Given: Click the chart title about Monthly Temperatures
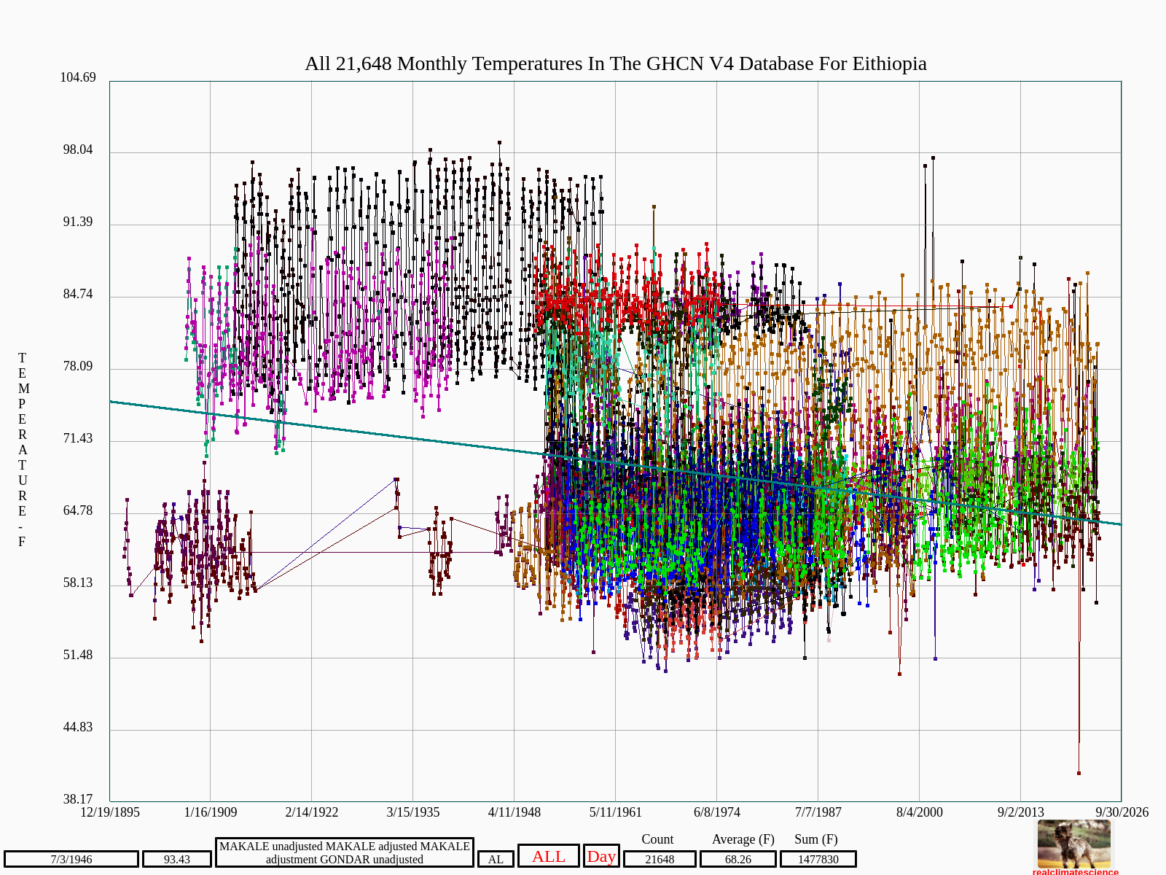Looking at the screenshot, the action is click(x=615, y=63).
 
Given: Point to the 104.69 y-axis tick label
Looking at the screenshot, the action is click(x=78, y=77).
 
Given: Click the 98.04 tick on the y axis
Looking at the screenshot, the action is click(x=78, y=149).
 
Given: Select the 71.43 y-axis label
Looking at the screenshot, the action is click(x=78, y=438).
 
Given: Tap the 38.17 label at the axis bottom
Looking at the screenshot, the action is click(x=78, y=799).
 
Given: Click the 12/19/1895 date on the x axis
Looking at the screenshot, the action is click(x=110, y=812).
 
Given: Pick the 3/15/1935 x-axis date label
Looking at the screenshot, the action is click(x=412, y=812).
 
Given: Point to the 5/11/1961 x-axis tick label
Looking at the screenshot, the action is click(x=616, y=812).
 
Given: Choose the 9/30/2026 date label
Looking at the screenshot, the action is click(x=1122, y=812).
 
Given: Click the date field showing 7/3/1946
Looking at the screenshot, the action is click(x=71, y=859).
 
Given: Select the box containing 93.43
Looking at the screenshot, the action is click(x=177, y=859).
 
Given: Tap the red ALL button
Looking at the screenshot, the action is click(x=548, y=856).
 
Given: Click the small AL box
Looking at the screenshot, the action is click(x=496, y=859).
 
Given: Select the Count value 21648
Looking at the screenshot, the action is click(x=660, y=859).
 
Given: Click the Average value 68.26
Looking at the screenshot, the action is click(x=737, y=859).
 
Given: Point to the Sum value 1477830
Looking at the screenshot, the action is click(x=818, y=859).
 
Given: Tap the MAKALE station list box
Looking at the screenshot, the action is click(x=344, y=852).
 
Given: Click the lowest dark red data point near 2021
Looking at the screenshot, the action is click(x=1079, y=774).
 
